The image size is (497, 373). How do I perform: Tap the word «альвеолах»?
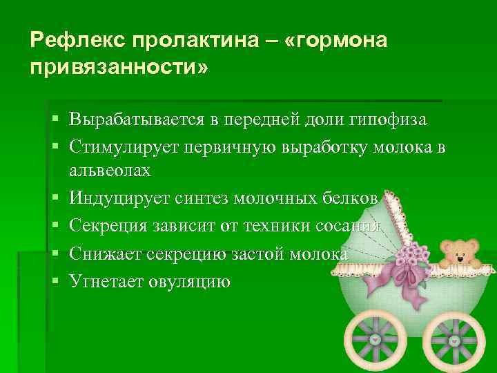(x=110, y=169)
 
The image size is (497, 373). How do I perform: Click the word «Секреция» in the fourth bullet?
(x=107, y=227)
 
